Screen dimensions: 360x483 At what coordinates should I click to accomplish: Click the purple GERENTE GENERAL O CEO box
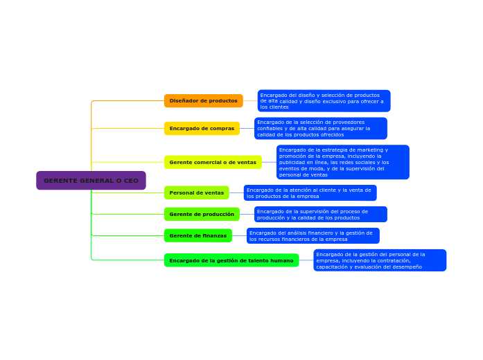[91, 181]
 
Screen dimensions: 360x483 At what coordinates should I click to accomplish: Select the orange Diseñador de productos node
[203, 101]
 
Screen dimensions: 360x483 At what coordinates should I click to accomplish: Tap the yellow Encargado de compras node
[202, 129]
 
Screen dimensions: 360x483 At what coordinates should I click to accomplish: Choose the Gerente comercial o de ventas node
[213, 163]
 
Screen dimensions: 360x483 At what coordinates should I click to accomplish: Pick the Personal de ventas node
[196, 192]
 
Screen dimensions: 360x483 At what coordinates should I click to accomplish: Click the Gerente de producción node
[202, 215]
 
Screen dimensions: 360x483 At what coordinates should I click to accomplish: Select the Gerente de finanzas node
[197, 236]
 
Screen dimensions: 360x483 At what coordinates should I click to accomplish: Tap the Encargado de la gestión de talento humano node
[231, 260]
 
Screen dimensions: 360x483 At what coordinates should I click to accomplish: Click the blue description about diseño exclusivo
[324, 101]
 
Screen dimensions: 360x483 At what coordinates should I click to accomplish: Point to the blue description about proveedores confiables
[320, 129]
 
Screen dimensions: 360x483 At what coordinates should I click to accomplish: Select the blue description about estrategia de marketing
[342, 163]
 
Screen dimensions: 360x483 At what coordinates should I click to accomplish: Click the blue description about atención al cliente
[310, 193]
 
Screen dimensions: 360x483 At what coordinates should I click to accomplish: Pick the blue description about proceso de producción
[320, 215]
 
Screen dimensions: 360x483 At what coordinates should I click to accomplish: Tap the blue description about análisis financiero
[313, 236]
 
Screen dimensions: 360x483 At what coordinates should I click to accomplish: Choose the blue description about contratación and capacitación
[380, 260]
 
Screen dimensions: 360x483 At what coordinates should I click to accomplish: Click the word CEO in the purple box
[131, 181]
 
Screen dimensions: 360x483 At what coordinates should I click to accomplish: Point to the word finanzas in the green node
[213, 236]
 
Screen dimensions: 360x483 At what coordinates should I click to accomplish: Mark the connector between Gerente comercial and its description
[269, 163]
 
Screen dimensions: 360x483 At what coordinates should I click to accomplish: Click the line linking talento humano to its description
[306, 260]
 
